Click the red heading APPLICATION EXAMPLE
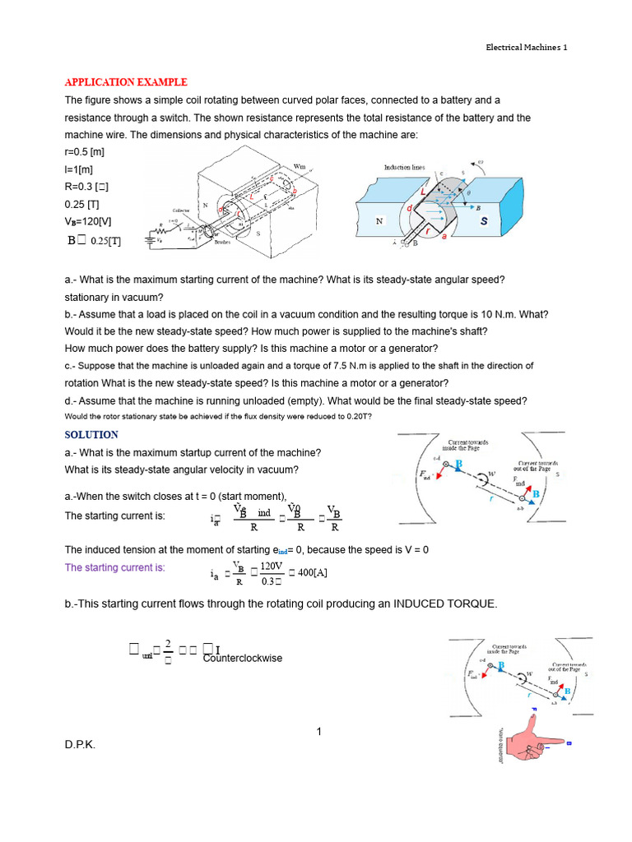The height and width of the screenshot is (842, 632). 126,82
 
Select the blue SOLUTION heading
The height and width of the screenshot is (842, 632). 91,434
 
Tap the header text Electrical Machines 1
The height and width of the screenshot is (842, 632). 526,47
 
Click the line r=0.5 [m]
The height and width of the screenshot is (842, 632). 84,152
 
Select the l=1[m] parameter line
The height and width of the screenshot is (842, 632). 80,169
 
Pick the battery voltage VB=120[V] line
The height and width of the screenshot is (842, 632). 88,222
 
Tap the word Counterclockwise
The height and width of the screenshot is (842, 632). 242,658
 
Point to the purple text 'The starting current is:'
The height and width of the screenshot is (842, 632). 114,567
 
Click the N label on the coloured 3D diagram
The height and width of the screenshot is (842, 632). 379,221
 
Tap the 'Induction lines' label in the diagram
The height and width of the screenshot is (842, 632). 403,167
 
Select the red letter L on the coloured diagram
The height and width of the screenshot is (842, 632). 425,190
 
